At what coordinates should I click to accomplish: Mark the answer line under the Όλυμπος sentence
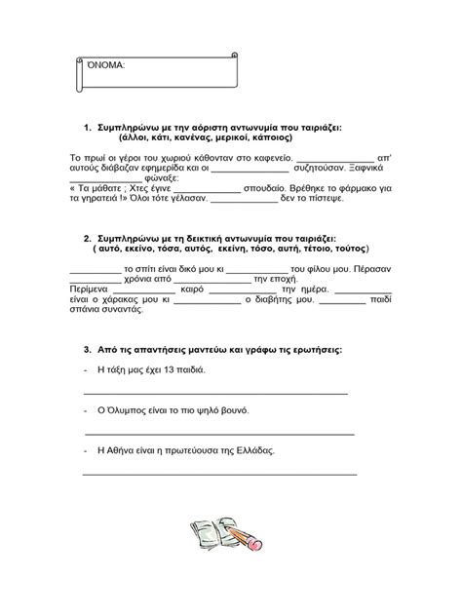[218, 434]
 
